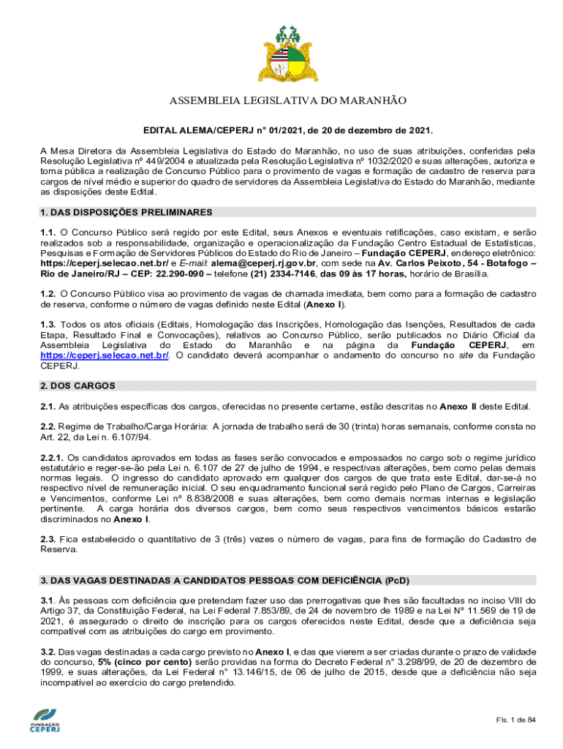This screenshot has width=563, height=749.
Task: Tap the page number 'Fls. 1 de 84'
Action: (x=515, y=720)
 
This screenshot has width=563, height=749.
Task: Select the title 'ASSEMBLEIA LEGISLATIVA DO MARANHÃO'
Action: (x=287, y=101)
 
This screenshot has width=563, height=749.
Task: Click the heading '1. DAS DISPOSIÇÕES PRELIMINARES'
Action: (x=126, y=212)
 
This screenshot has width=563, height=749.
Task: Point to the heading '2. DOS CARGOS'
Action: (x=78, y=385)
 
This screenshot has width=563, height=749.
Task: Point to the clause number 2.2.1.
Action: (x=53, y=456)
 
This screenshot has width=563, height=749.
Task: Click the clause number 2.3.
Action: (x=48, y=539)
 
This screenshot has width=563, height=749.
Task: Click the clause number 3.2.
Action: (x=48, y=651)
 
